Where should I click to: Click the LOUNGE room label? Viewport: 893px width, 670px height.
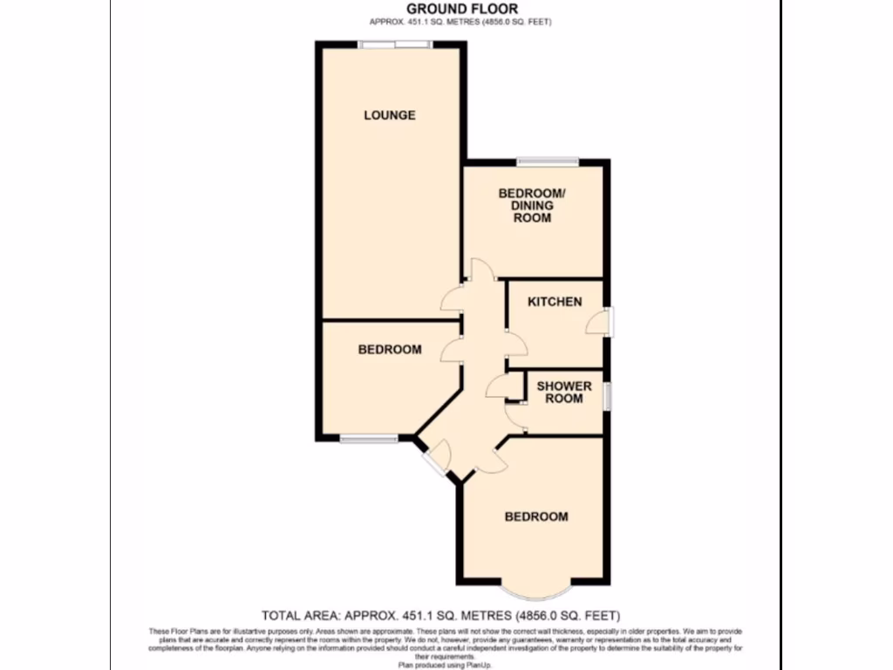click(389, 115)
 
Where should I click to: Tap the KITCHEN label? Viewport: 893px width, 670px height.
click(555, 302)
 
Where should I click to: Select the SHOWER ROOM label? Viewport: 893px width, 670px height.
click(563, 392)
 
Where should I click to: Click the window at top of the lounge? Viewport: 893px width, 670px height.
click(394, 44)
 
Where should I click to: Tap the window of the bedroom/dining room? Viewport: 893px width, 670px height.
click(547, 161)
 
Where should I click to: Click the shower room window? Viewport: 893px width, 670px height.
click(608, 393)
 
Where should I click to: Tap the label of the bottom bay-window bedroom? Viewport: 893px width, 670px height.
click(536, 516)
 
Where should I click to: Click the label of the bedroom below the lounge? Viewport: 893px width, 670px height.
click(390, 350)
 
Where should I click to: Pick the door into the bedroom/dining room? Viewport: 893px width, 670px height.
click(481, 269)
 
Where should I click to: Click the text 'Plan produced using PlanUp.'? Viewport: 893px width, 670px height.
click(446, 663)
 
